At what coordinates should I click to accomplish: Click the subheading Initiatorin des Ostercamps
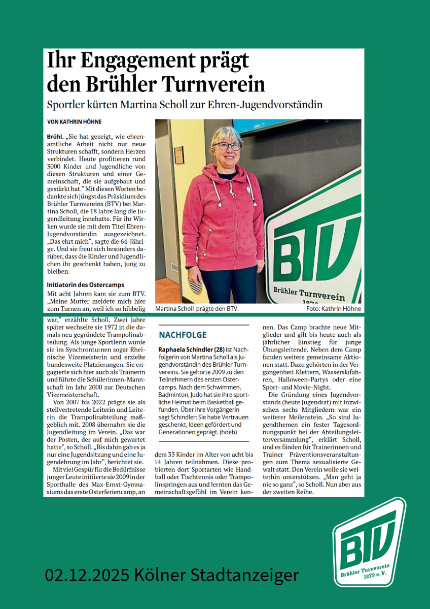pos(85,285)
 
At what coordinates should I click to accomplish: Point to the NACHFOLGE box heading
pos(183,335)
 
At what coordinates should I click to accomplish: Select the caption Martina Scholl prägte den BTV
pos(197,308)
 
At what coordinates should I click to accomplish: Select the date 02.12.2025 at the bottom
pos(86,575)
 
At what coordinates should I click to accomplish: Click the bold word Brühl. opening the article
pos(55,138)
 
